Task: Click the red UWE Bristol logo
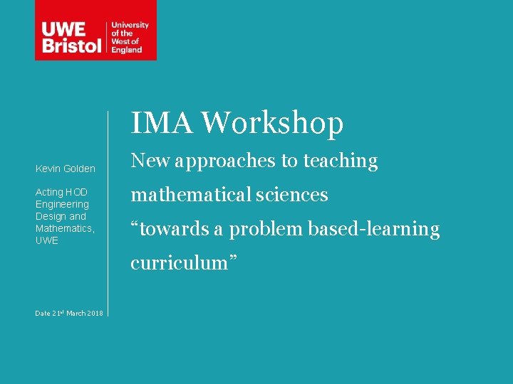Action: tap(95, 30)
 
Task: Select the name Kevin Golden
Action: tap(66, 169)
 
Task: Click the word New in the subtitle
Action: tap(148, 161)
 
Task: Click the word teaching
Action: tap(341, 161)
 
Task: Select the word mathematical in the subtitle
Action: tap(191, 195)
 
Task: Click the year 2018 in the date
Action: tap(95, 314)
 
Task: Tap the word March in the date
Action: tap(76, 314)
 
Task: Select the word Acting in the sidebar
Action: tap(49, 192)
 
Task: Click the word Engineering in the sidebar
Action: tap(62, 204)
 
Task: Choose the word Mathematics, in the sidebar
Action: tap(65, 228)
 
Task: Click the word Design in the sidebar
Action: tap(51, 216)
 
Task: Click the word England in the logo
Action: tap(126, 50)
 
